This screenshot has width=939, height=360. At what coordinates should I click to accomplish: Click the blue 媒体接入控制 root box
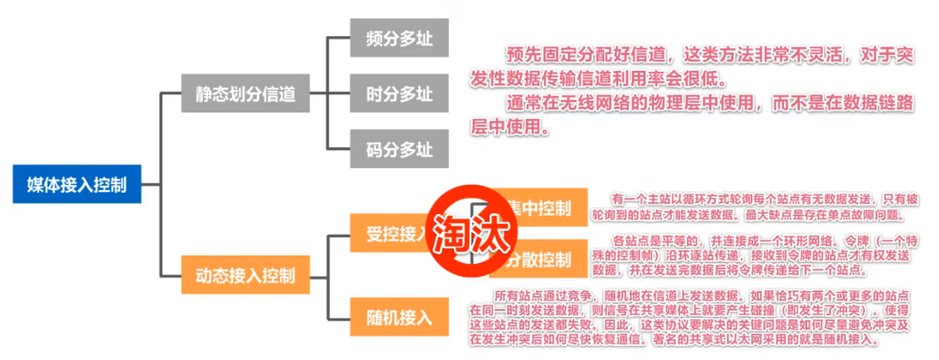pyautogui.click(x=76, y=184)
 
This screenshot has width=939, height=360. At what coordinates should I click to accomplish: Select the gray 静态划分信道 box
pyautogui.click(x=245, y=94)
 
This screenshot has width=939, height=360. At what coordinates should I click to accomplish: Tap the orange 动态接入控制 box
pyautogui.click(x=245, y=275)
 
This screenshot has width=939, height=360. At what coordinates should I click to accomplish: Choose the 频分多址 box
pyautogui.click(x=399, y=37)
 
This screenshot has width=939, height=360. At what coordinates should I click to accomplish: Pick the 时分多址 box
pyautogui.click(x=399, y=94)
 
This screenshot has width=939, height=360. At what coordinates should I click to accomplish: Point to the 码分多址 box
pyautogui.click(x=399, y=148)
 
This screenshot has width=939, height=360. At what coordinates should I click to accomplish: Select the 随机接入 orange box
pyautogui.click(x=399, y=316)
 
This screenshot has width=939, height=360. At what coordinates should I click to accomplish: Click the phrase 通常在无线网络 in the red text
pyautogui.click(x=565, y=103)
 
